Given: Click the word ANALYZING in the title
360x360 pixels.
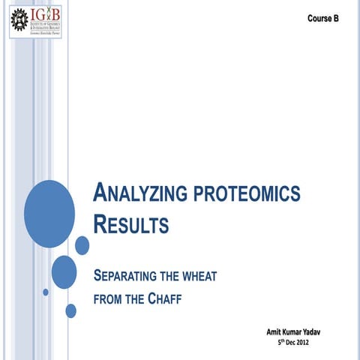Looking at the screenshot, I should click(134, 193).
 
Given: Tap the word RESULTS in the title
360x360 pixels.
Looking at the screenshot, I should click(130, 223).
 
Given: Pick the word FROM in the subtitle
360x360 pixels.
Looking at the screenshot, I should click(108, 298).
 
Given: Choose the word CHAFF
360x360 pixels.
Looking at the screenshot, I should click(163, 298).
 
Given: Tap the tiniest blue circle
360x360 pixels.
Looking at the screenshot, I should click(46, 291).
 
